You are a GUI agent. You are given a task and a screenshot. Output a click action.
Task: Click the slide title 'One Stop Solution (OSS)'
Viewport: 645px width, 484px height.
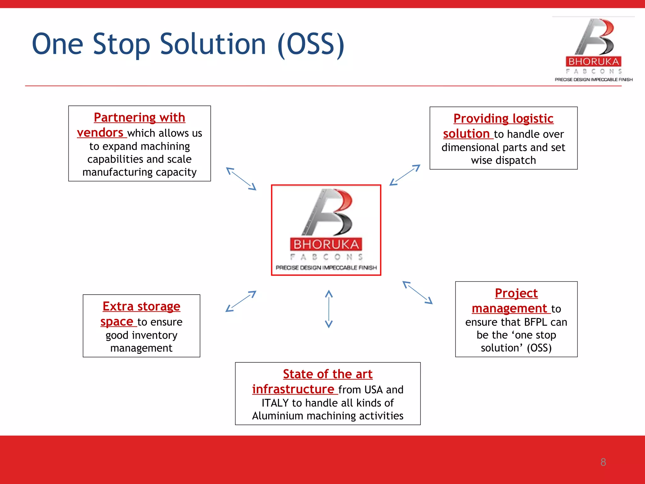click(x=188, y=44)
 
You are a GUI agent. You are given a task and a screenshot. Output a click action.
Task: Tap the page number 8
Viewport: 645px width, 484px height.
click(x=603, y=462)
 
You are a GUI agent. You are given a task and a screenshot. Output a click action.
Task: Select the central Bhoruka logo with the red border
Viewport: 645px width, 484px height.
click(x=326, y=230)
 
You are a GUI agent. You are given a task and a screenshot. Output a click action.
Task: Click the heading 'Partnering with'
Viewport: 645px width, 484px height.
click(x=140, y=118)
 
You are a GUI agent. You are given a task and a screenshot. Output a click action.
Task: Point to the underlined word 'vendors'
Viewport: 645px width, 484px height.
click(x=100, y=133)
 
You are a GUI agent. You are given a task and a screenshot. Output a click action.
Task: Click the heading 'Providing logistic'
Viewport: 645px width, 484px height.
click(x=503, y=118)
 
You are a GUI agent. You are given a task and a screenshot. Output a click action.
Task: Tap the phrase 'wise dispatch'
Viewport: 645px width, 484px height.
click(x=503, y=160)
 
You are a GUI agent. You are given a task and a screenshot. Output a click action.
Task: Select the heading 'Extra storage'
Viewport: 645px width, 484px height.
click(x=141, y=306)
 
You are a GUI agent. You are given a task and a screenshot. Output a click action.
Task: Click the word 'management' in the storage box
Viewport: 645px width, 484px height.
click(x=141, y=348)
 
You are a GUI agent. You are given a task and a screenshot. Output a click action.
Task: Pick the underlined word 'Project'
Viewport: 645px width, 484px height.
click(x=516, y=293)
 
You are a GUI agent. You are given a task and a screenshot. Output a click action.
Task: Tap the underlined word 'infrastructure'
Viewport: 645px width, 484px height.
click(x=293, y=389)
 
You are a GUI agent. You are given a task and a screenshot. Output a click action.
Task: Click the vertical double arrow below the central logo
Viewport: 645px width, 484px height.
click(x=329, y=309)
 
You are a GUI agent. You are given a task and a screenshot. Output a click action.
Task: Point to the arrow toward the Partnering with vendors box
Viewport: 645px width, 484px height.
click(x=241, y=179)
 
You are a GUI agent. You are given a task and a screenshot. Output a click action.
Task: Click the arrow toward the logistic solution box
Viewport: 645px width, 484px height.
click(x=405, y=175)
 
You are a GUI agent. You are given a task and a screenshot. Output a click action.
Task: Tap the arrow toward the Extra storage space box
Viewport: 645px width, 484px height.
click(x=241, y=301)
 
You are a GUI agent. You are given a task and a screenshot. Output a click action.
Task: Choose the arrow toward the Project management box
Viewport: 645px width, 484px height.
click(x=418, y=292)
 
